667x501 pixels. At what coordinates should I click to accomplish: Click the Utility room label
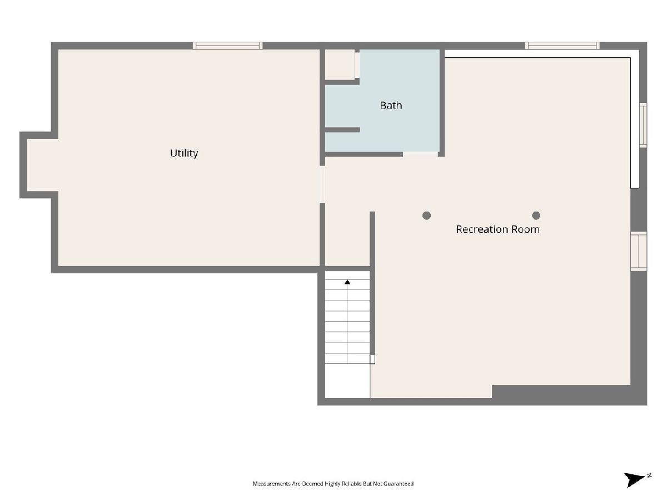pos(184,153)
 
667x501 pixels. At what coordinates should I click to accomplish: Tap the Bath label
pos(391,105)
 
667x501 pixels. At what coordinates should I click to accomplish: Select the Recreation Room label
pos(497,229)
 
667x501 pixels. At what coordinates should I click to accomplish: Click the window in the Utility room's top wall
pos(227,46)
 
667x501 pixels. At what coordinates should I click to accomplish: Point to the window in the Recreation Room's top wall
pos(562,46)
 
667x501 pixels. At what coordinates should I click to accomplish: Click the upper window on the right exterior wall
pos(643,125)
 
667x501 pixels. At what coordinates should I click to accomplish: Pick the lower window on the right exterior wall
pos(639,251)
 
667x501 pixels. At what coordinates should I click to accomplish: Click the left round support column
pos(426,215)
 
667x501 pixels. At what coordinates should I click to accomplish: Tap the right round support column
pos(536,215)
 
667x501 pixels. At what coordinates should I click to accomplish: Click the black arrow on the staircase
pos(347,282)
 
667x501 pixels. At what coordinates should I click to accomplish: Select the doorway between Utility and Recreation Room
pos(322,184)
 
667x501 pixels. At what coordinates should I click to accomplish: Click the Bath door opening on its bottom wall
pos(420,154)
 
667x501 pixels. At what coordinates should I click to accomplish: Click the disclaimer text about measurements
pos(333,484)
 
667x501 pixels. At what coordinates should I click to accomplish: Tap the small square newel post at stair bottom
pos(372,359)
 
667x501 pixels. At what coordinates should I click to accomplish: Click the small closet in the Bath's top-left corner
pos(340,65)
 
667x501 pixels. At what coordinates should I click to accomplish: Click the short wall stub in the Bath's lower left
pos(342,130)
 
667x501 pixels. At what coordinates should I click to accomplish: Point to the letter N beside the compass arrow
pos(649,475)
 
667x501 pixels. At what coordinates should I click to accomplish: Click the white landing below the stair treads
pos(347,381)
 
